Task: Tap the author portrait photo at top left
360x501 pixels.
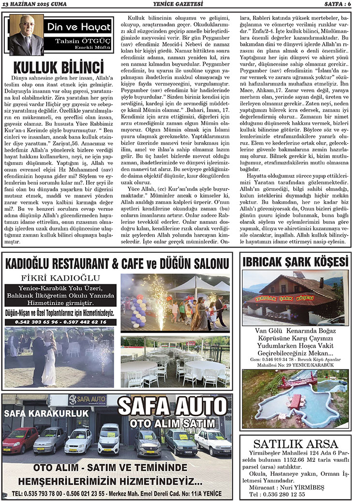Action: tap(26, 35)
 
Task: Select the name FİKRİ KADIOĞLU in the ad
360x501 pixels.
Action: tap(60, 278)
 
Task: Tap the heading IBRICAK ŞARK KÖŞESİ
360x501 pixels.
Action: tap(295, 262)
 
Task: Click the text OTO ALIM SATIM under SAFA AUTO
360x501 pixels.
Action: tap(172, 424)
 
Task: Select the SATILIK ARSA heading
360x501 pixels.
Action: tap(295, 443)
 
